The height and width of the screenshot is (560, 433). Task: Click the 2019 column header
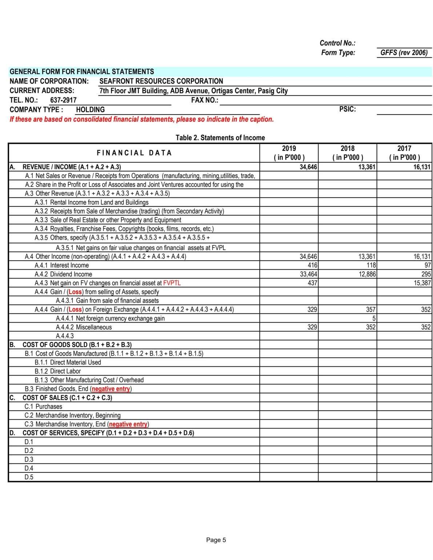(x=289, y=153)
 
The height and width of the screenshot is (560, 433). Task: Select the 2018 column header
(x=347, y=153)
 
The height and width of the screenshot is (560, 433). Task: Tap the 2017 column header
(x=404, y=153)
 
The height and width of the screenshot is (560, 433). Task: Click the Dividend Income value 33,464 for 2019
(x=308, y=274)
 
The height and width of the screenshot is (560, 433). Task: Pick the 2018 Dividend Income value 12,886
(x=367, y=274)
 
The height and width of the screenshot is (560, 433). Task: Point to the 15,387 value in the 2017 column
(x=422, y=283)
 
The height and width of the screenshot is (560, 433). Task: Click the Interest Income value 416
(x=312, y=265)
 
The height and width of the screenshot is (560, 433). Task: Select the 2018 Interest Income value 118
(x=371, y=265)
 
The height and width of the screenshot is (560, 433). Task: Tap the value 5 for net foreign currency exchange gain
(x=374, y=318)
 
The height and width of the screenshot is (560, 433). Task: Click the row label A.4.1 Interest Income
(x=62, y=265)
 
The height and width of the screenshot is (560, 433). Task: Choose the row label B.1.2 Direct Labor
(x=58, y=371)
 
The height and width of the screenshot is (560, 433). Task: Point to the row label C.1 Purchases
(x=43, y=406)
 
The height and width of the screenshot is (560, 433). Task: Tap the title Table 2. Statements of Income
(x=220, y=138)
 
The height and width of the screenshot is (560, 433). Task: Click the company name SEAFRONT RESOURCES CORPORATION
(x=161, y=81)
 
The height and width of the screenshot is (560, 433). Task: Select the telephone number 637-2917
(x=63, y=100)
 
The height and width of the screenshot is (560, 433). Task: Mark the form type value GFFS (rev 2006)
(x=404, y=53)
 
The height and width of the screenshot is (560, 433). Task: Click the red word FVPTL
(x=172, y=283)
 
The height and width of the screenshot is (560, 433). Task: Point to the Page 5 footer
(x=216, y=540)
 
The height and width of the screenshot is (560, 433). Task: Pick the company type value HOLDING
(x=90, y=110)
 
